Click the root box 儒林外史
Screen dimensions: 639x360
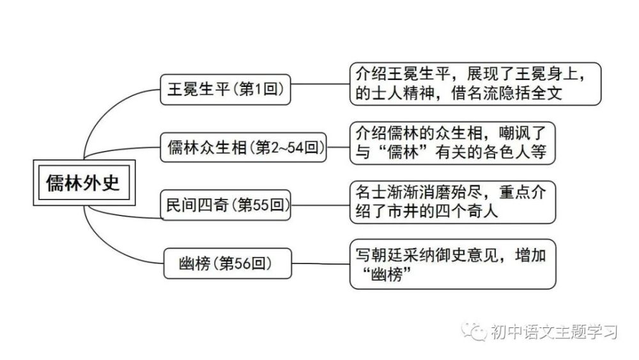click(x=84, y=183)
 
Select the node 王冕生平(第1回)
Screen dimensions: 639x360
click(x=226, y=90)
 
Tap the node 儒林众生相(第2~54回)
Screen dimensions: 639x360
click(x=243, y=147)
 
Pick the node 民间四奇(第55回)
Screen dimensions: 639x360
click(x=226, y=205)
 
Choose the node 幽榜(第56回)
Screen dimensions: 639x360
click(x=227, y=263)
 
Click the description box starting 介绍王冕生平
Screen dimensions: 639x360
click(x=475, y=84)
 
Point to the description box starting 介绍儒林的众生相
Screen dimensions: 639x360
click(x=452, y=143)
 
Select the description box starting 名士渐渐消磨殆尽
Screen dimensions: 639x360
click(x=452, y=202)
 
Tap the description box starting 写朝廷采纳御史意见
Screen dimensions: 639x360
click(x=452, y=264)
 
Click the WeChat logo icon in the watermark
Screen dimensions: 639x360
click(x=474, y=331)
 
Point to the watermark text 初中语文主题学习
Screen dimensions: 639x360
click(x=554, y=332)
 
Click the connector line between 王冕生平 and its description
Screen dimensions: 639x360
click(x=320, y=84)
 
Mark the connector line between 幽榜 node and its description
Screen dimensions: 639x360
click(x=321, y=263)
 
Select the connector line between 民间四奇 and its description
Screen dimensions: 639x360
click(x=320, y=205)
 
